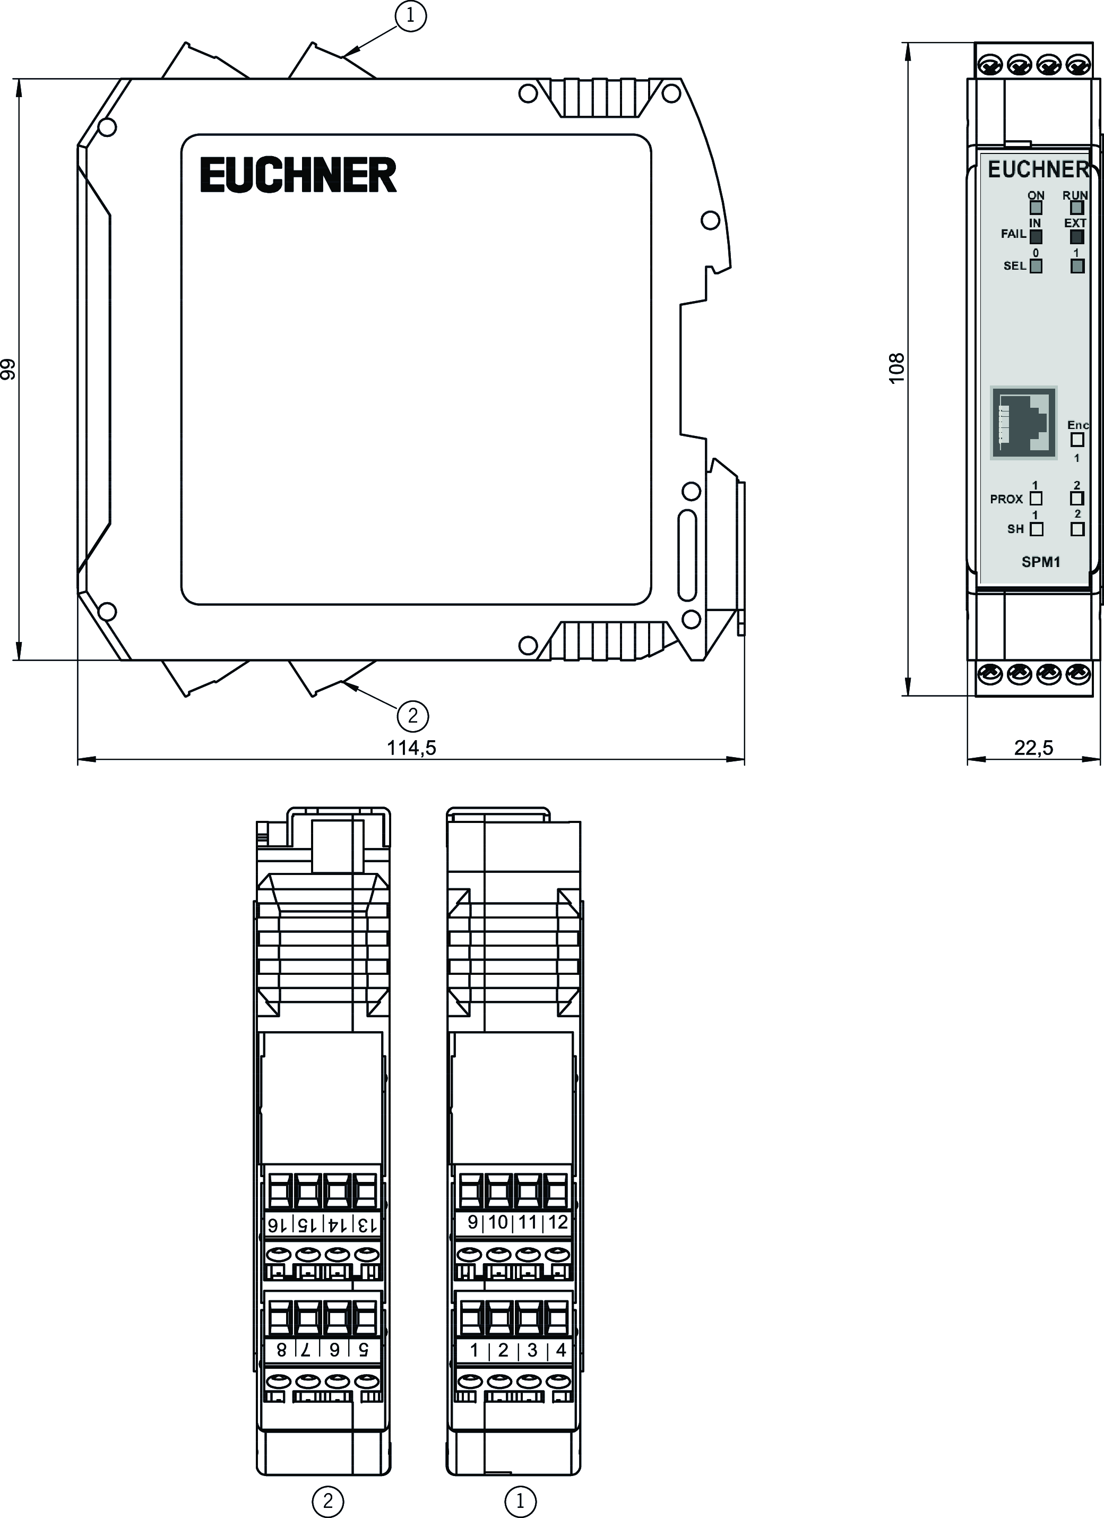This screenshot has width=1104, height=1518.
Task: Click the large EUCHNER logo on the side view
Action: (x=298, y=175)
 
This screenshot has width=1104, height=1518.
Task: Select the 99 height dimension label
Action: (x=8, y=370)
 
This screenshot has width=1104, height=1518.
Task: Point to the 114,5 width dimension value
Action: (x=411, y=748)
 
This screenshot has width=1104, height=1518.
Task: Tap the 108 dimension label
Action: (x=896, y=368)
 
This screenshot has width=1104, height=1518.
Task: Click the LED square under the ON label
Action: (x=1036, y=208)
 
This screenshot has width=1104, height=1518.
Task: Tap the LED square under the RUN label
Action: (x=1076, y=208)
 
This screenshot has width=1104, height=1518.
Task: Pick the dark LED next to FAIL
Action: (x=1036, y=236)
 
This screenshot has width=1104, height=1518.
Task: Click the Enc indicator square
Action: (x=1076, y=440)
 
